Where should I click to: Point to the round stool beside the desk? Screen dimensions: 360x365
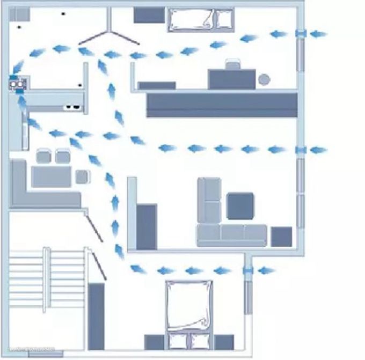[x=264, y=80]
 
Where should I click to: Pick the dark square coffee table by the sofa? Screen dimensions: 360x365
[x=240, y=206]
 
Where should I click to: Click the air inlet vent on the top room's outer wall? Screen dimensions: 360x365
[x=301, y=34]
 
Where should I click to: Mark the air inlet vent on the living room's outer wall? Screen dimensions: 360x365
[x=301, y=150]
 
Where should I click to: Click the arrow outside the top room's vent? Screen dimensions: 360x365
[x=318, y=34]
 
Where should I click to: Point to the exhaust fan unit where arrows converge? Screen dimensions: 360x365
[x=17, y=83]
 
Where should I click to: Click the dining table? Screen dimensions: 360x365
[x=51, y=177]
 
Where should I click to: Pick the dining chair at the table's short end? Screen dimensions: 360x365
[x=83, y=177]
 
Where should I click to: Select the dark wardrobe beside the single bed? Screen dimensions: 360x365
[x=149, y=15]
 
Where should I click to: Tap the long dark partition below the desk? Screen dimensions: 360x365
[x=222, y=105]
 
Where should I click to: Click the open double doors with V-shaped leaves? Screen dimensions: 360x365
[x=109, y=35]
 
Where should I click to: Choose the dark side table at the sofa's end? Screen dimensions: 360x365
[x=281, y=237]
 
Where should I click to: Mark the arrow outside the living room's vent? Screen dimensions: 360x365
[x=318, y=150]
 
